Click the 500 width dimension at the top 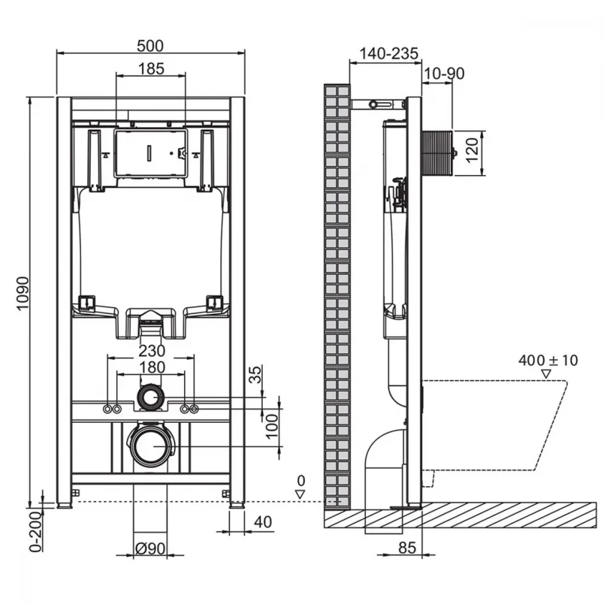click(150, 46)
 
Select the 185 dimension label click(151, 69)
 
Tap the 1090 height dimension click(23, 293)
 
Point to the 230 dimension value click(152, 351)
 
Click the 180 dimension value click(153, 367)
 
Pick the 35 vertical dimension click(255, 374)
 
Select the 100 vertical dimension click(272, 426)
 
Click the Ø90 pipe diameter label click(150, 548)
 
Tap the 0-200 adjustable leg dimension click(36, 532)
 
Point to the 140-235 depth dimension click(388, 54)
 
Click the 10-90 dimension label click(444, 73)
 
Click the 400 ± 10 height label click(548, 361)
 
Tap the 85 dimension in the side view click(407, 548)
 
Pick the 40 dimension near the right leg click(263, 522)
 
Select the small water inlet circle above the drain click(150, 396)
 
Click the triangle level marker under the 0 click(300, 494)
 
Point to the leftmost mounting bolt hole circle click(108, 409)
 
